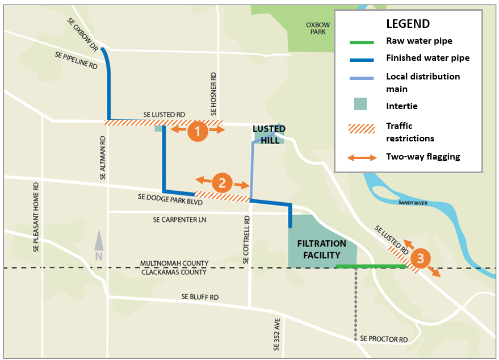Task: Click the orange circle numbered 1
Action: (x=198, y=131)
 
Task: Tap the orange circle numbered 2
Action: (x=222, y=183)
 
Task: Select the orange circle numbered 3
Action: (x=420, y=259)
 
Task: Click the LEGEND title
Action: (x=408, y=24)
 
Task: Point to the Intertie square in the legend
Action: (x=360, y=104)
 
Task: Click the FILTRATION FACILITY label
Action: (x=321, y=249)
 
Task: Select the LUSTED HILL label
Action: (x=269, y=135)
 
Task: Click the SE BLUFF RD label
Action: (x=200, y=297)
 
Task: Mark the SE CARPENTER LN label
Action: (x=177, y=219)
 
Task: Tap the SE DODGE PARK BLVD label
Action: (x=170, y=198)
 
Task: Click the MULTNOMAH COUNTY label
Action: (x=175, y=264)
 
